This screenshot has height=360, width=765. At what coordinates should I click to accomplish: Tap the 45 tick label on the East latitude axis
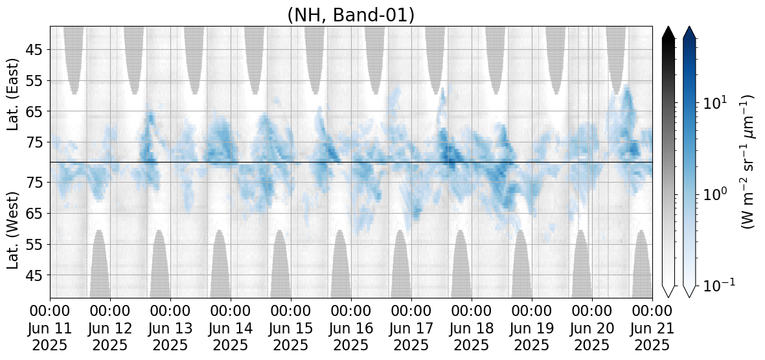coord(36,51)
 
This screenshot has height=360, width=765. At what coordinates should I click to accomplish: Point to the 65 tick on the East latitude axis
coord(36,112)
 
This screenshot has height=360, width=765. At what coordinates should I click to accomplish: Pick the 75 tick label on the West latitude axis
coord(36,183)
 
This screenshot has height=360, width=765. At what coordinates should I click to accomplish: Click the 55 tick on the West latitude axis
coord(36,244)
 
